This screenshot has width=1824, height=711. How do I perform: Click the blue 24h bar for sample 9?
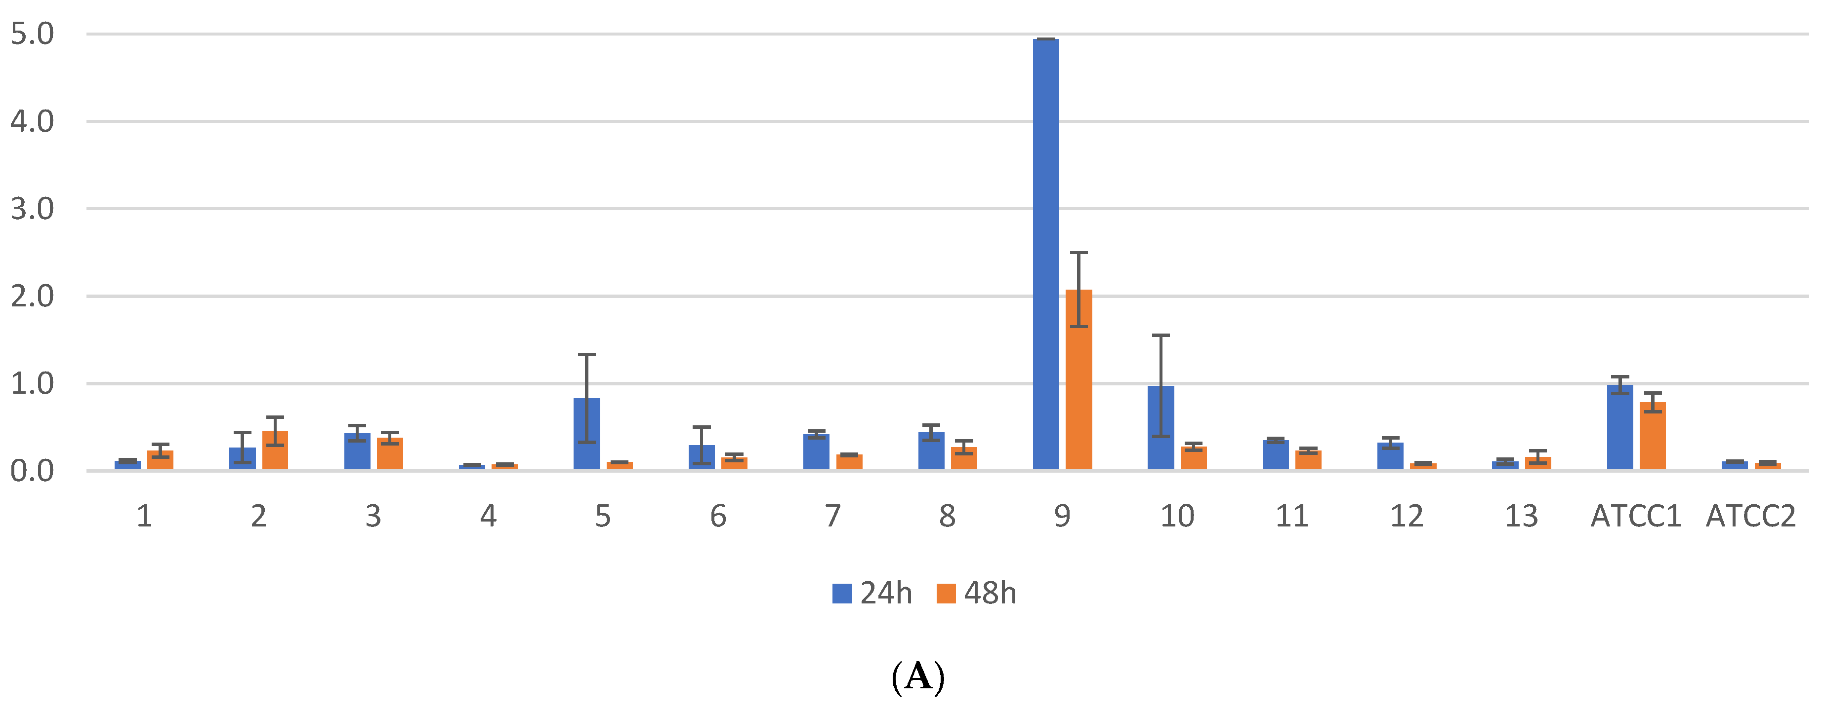[1046, 255]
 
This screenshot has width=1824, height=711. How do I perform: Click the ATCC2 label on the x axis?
[1750, 517]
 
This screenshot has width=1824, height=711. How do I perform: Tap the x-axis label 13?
[1521, 517]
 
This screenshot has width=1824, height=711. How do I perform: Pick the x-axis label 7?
[832, 517]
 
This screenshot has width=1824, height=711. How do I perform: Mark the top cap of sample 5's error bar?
[586, 354]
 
